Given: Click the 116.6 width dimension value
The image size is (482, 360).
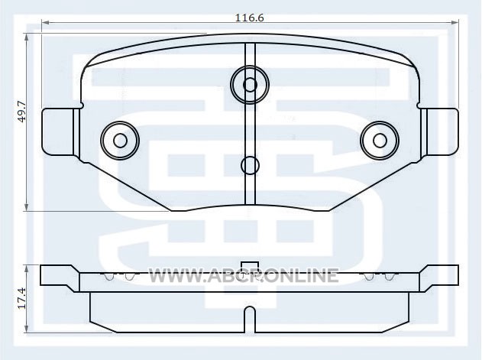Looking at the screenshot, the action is click(249, 18).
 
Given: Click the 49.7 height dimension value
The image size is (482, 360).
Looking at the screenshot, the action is click(22, 112).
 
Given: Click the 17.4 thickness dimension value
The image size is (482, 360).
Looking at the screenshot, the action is click(22, 298).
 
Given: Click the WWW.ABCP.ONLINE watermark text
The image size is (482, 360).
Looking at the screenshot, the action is click(244, 275).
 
